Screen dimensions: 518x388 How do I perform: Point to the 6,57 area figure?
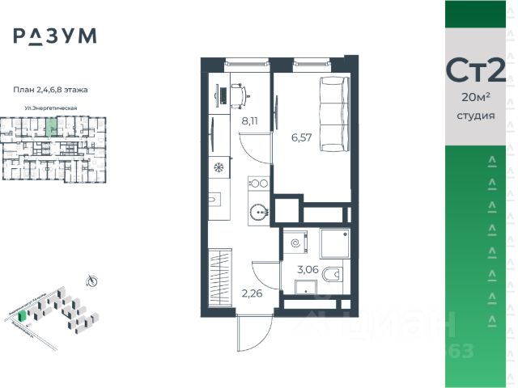pos(303,137)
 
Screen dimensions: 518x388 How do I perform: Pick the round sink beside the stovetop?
pos(258,212)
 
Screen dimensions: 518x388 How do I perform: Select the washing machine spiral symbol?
pos(296,241)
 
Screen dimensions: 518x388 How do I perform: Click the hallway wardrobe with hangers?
pos(220,273)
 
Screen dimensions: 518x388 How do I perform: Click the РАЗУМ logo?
pos(54,36)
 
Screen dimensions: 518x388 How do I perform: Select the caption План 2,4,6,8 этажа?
pos(51,89)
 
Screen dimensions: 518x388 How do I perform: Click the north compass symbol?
pos(91,280)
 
